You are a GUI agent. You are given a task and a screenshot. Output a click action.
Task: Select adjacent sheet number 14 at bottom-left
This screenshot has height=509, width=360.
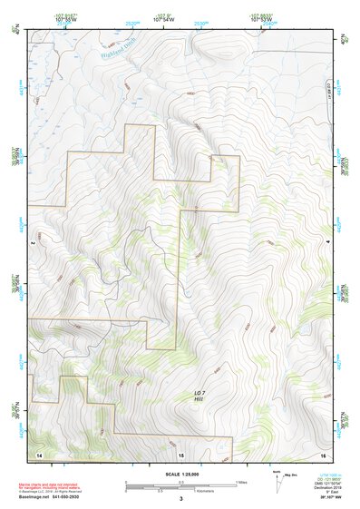tap(38, 453)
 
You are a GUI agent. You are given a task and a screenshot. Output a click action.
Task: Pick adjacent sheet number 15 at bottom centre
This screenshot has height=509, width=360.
tap(180, 453)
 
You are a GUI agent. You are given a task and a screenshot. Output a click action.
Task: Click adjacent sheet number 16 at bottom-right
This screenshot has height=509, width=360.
tap(323, 453)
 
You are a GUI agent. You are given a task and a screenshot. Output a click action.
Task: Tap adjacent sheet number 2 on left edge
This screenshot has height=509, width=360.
tap(32, 244)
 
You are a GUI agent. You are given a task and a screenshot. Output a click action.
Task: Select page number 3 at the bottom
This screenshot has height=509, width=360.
tap(180, 499)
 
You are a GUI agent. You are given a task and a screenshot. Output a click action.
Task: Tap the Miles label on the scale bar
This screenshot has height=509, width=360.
tap(240, 481)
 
